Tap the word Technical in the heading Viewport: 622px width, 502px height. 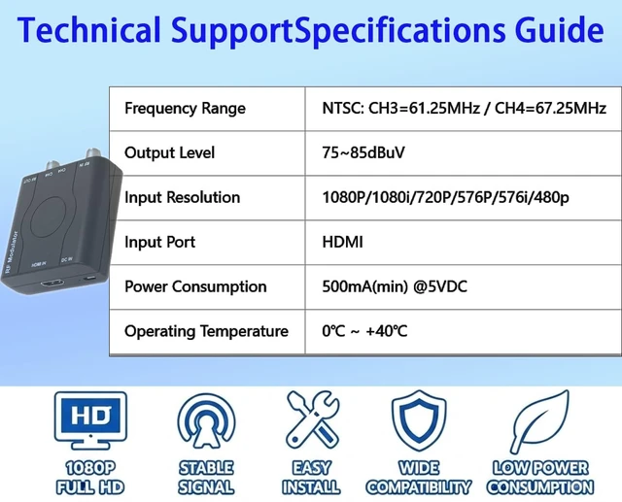[88, 30]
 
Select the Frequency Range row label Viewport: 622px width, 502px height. [185, 109]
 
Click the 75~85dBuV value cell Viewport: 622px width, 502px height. [363, 153]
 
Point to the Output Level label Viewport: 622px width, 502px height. [169, 153]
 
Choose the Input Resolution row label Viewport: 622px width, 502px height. [182, 197]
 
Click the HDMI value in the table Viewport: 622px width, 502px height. [342, 242]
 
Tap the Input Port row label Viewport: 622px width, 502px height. [159, 242]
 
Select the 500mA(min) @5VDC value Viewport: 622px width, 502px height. [395, 286]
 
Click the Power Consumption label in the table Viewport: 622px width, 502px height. [195, 286]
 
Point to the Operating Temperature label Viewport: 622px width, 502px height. [206, 331]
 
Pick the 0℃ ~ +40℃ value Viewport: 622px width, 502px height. [364, 331]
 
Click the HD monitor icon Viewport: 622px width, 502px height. [90, 420]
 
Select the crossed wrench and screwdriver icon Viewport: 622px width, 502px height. [312, 419]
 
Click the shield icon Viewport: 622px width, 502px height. [419, 421]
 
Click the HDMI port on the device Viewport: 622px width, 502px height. [52, 284]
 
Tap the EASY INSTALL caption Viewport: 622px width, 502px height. [311, 478]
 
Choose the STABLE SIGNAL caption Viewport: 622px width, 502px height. [206, 478]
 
